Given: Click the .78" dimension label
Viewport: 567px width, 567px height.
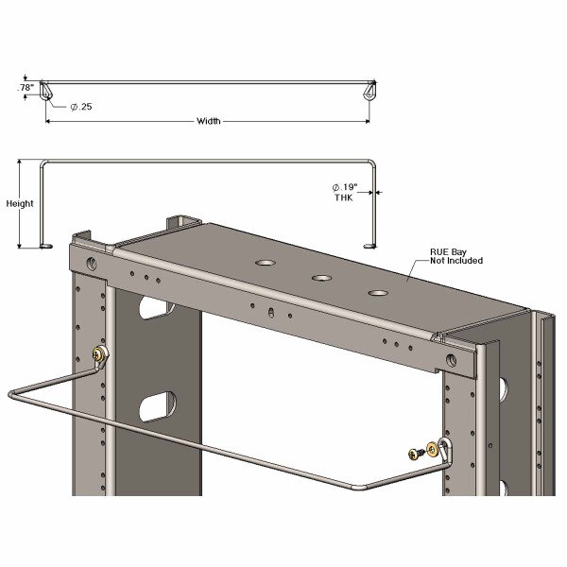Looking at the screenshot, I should coord(26,88).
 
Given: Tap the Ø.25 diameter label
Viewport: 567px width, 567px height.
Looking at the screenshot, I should coord(82,106).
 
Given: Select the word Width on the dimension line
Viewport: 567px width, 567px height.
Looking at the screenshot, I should coord(210,121).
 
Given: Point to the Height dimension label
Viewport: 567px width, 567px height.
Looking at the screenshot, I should coord(20,203).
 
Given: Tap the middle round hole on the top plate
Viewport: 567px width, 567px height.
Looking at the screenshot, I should coord(322,278).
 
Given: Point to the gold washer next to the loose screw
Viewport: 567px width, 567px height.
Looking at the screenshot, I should coord(433,450).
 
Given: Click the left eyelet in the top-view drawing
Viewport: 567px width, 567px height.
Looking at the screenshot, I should coord(50,93).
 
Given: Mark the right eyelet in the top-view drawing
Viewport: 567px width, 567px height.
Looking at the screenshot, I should coord(369,93).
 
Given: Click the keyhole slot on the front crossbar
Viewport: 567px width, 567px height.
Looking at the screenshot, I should coord(272,313).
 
